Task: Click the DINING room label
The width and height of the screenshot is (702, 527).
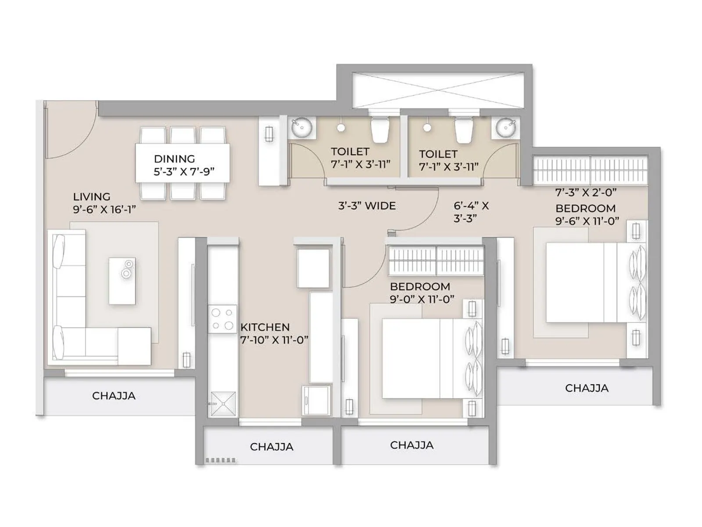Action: pos(174,159)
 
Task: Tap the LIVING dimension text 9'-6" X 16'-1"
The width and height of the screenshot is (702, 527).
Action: pos(104,209)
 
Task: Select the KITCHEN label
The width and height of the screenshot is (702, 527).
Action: pos(265,327)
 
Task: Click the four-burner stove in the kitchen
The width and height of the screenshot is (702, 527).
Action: pos(222,319)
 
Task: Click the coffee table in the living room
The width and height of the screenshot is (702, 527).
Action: pos(122,281)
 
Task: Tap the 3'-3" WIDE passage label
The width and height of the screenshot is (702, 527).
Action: pos(367,206)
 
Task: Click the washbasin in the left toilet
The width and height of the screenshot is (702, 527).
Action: pos(302,127)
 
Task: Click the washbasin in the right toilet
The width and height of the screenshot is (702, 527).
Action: pos(506,128)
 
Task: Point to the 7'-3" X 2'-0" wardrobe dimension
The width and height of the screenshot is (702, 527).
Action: pos(586,192)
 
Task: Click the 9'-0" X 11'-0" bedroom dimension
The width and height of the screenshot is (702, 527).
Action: pos(422,299)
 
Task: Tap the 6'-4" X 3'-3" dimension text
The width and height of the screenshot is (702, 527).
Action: pos(471,212)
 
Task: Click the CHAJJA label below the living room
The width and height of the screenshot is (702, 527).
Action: pos(114,396)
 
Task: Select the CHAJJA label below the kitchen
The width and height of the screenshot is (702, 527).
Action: pos(272,447)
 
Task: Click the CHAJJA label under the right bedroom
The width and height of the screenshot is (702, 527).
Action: pos(587,388)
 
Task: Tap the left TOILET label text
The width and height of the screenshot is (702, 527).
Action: pos(350,152)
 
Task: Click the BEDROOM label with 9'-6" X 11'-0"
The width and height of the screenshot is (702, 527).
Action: pos(585,208)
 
